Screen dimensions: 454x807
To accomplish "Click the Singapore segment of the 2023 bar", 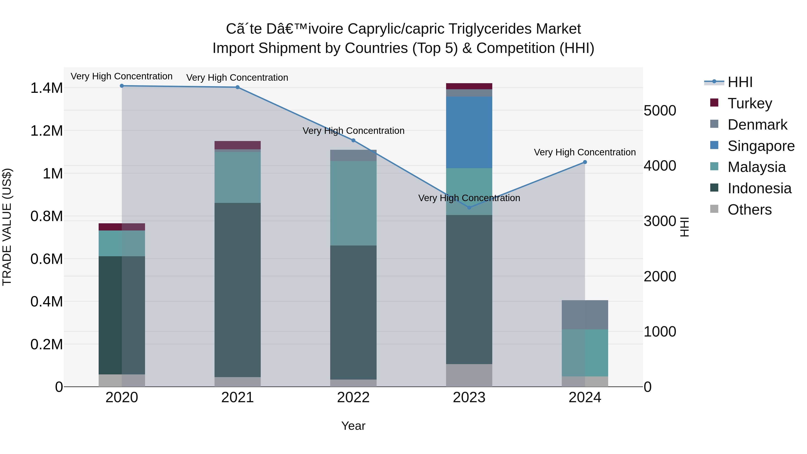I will (x=469, y=132).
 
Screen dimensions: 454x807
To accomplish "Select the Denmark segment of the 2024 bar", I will (x=585, y=315).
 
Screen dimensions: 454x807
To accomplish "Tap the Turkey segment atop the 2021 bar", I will (x=237, y=145).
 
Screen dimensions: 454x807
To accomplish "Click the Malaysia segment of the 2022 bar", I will (x=353, y=203).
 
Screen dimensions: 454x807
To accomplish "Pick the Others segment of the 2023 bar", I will (x=469, y=375).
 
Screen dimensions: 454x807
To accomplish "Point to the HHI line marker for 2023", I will (x=469, y=207).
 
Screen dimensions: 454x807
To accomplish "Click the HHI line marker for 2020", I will (x=122, y=86).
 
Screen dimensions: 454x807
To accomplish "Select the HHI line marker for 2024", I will (x=585, y=162).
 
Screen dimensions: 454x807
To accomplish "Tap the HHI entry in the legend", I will (x=739, y=82).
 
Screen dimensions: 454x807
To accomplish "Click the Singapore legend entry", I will (x=761, y=146).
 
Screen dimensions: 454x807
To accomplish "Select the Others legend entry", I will (x=749, y=210).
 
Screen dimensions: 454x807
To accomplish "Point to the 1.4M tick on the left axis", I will (x=46, y=88).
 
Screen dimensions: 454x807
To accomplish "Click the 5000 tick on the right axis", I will (x=660, y=111).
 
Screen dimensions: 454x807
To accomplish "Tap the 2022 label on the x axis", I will (x=353, y=398).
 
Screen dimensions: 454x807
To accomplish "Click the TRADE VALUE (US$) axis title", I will (x=7, y=227).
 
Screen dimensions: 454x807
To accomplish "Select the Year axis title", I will (x=353, y=426).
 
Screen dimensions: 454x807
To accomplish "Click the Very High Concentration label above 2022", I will (x=353, y=131).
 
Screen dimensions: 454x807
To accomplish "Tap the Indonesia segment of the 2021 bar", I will (x=237, y=290).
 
